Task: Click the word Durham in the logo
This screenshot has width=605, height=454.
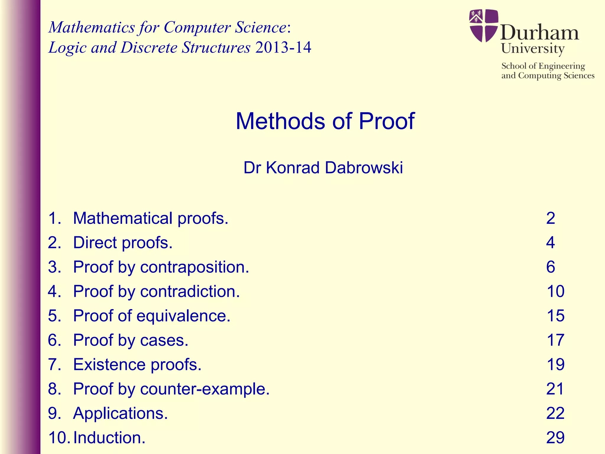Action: [539, 33]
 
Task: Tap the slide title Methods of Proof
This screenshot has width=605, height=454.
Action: [325, 121]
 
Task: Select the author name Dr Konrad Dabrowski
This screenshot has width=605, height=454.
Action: [323, 168]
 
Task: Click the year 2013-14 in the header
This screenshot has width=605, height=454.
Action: [283, 47]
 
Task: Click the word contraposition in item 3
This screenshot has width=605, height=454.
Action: [194, 267]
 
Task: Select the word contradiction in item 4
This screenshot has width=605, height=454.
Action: [190, 291]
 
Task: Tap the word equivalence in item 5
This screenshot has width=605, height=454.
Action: [183, 316]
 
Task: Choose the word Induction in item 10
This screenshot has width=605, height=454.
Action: [109, 437]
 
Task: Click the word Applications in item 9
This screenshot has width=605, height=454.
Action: [120, 413]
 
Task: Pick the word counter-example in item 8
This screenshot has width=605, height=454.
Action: [205, 389]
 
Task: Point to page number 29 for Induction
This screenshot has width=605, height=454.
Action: [555, 437]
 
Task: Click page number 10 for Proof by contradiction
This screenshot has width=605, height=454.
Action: [555, 291]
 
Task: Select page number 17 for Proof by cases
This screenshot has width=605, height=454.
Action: [555, 340]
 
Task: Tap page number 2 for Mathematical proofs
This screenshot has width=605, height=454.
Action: [551, 218]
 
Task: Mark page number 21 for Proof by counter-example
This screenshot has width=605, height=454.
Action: [555, 389]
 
